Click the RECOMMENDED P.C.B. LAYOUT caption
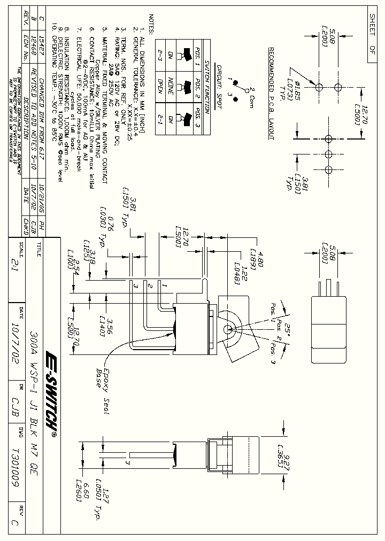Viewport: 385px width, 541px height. click(x=271, y=94)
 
